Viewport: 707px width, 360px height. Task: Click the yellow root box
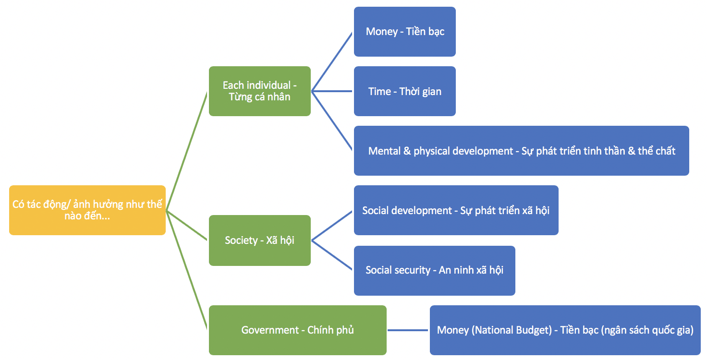coord(87,210)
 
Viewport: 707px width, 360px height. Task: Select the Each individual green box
coord(259,91)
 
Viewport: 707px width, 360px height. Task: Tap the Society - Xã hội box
coord(259,240)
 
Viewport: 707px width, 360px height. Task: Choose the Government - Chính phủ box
coord(297,330)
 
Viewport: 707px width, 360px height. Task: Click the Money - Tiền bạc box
coord(404,32)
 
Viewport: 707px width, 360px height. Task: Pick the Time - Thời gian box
coord(404,91)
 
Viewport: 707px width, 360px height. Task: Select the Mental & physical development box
coord(521,151)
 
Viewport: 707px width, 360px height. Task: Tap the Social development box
coord(456,210)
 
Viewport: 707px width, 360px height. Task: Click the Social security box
coord(434,270)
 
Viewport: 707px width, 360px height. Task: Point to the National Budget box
coord(565,330)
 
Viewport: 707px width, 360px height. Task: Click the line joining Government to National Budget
coord(408,330)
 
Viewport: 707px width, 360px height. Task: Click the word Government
coord(270,330)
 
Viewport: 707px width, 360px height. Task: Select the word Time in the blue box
coord(379,91)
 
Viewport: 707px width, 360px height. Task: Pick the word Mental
coord(383,151)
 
